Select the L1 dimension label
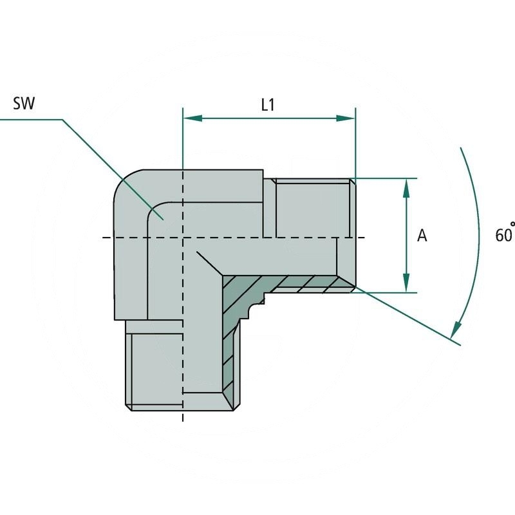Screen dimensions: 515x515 coord(268,105)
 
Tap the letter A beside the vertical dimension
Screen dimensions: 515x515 coord(422,236)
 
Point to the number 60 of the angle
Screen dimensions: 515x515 coord(501,236)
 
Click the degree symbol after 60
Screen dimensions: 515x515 coord(512,225)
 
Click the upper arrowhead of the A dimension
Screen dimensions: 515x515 coord(406,187)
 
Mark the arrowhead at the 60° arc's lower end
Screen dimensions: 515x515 coord(456,330)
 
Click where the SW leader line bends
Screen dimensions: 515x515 coord(62,119)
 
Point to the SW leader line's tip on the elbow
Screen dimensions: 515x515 coord(164,220)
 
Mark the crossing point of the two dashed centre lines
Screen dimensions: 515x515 coord(183,238)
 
